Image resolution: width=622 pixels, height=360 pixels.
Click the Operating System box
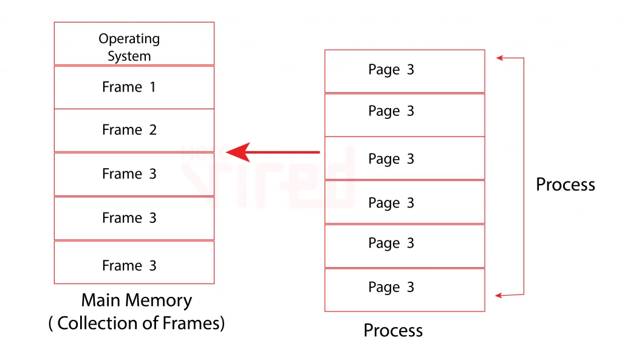pyautogui.click(x=134, y=44)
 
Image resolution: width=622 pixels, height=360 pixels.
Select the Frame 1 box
pyautogui.click(x=134, y=87)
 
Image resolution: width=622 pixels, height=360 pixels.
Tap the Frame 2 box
pyautogui.click(x=134, y=130)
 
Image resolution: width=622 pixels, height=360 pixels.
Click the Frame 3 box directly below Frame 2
pyautogui.click(x=134, y=174)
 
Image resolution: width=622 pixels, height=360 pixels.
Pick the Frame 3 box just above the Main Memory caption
pyautogui.click(x=134, y=262)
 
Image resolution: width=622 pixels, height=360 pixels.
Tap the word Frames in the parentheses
pyautogui.click(x=191, y=324)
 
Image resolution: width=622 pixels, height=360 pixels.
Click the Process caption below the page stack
pyautogui.click(x=393, y=331)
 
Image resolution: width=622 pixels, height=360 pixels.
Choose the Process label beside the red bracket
pyautogui.click(x=565, y=185)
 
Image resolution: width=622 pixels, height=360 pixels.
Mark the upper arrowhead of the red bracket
pyautogui.click(x=499, y=58)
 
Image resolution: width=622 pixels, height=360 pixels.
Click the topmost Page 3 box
pyautogui.click(x=405, y=71)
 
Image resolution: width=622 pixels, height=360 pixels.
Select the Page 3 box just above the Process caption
pyautogui.click(x=405, y=290)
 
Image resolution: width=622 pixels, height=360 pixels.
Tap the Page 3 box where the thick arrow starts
pyautogui.click(x=405, y=158)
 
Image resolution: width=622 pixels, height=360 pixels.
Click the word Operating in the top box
pyautogui.click(x=129, y=39)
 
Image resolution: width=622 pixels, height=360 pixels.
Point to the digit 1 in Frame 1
pyautogui.click(x=152, y=87)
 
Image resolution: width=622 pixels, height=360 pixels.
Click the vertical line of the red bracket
pyautogui.click(x=524, y=176)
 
